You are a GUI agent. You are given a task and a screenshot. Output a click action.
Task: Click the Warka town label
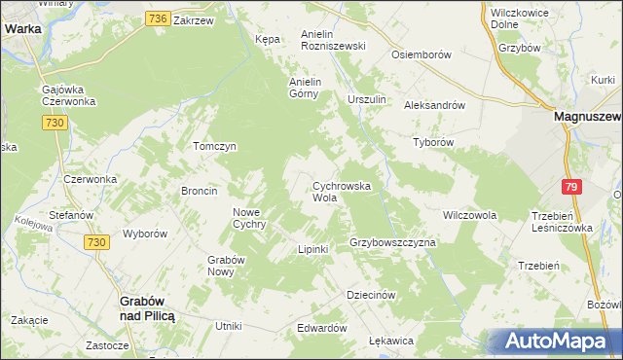point(22,29)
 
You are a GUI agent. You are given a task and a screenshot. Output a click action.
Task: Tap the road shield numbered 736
point(159,18)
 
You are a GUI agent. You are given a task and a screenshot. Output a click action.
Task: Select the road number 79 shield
point(572,187)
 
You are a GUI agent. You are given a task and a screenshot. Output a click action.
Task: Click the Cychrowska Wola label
point(338,191)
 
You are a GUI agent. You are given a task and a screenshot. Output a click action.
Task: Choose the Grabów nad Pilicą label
point(146,309)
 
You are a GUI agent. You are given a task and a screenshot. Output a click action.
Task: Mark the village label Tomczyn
point(215,146)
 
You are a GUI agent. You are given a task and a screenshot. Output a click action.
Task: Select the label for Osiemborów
point(421,55)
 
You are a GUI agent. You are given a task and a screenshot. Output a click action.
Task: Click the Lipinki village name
point(313,250)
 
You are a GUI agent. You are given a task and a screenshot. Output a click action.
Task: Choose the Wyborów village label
point(146,234)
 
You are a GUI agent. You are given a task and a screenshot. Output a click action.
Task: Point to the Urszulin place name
point(367,100)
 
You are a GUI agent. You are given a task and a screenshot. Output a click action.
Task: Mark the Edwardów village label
point(322,328)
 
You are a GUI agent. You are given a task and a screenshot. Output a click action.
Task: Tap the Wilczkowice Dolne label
point(518,18)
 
